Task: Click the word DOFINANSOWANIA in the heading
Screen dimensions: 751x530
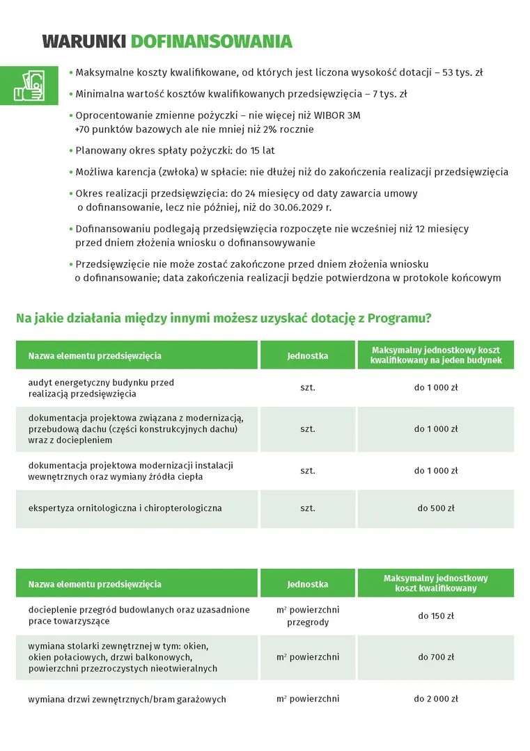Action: click(211, 42)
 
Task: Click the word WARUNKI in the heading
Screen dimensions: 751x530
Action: click(84, 42)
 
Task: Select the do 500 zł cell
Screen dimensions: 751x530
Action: click(436, 508)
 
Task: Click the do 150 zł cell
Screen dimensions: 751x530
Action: click(436, 615)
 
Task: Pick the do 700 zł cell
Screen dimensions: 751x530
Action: click(436, 656)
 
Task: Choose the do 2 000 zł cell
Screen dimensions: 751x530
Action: click(436, 699)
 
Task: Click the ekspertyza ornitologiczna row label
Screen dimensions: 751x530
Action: click(125, 508)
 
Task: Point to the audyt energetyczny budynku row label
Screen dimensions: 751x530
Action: click(101, 388)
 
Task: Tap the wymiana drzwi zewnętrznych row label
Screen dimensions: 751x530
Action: click(127, 699)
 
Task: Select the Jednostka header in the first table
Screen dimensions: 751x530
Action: click(308, 355)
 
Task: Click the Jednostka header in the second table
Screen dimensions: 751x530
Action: click(308, 584)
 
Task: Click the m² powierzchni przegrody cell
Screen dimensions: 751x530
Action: click(308, 616)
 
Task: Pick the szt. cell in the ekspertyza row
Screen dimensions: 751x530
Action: click(308, 508)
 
